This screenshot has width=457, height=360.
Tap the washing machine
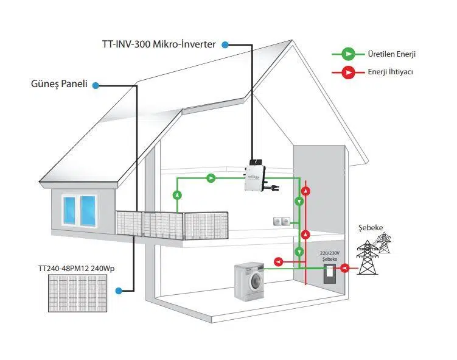point(249,281)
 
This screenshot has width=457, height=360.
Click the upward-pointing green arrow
point(177,195)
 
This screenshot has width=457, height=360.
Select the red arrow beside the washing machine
point(279,262)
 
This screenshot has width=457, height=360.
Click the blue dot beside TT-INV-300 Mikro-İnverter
point(225,44)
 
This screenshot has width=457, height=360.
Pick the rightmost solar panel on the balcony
point(206,225)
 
